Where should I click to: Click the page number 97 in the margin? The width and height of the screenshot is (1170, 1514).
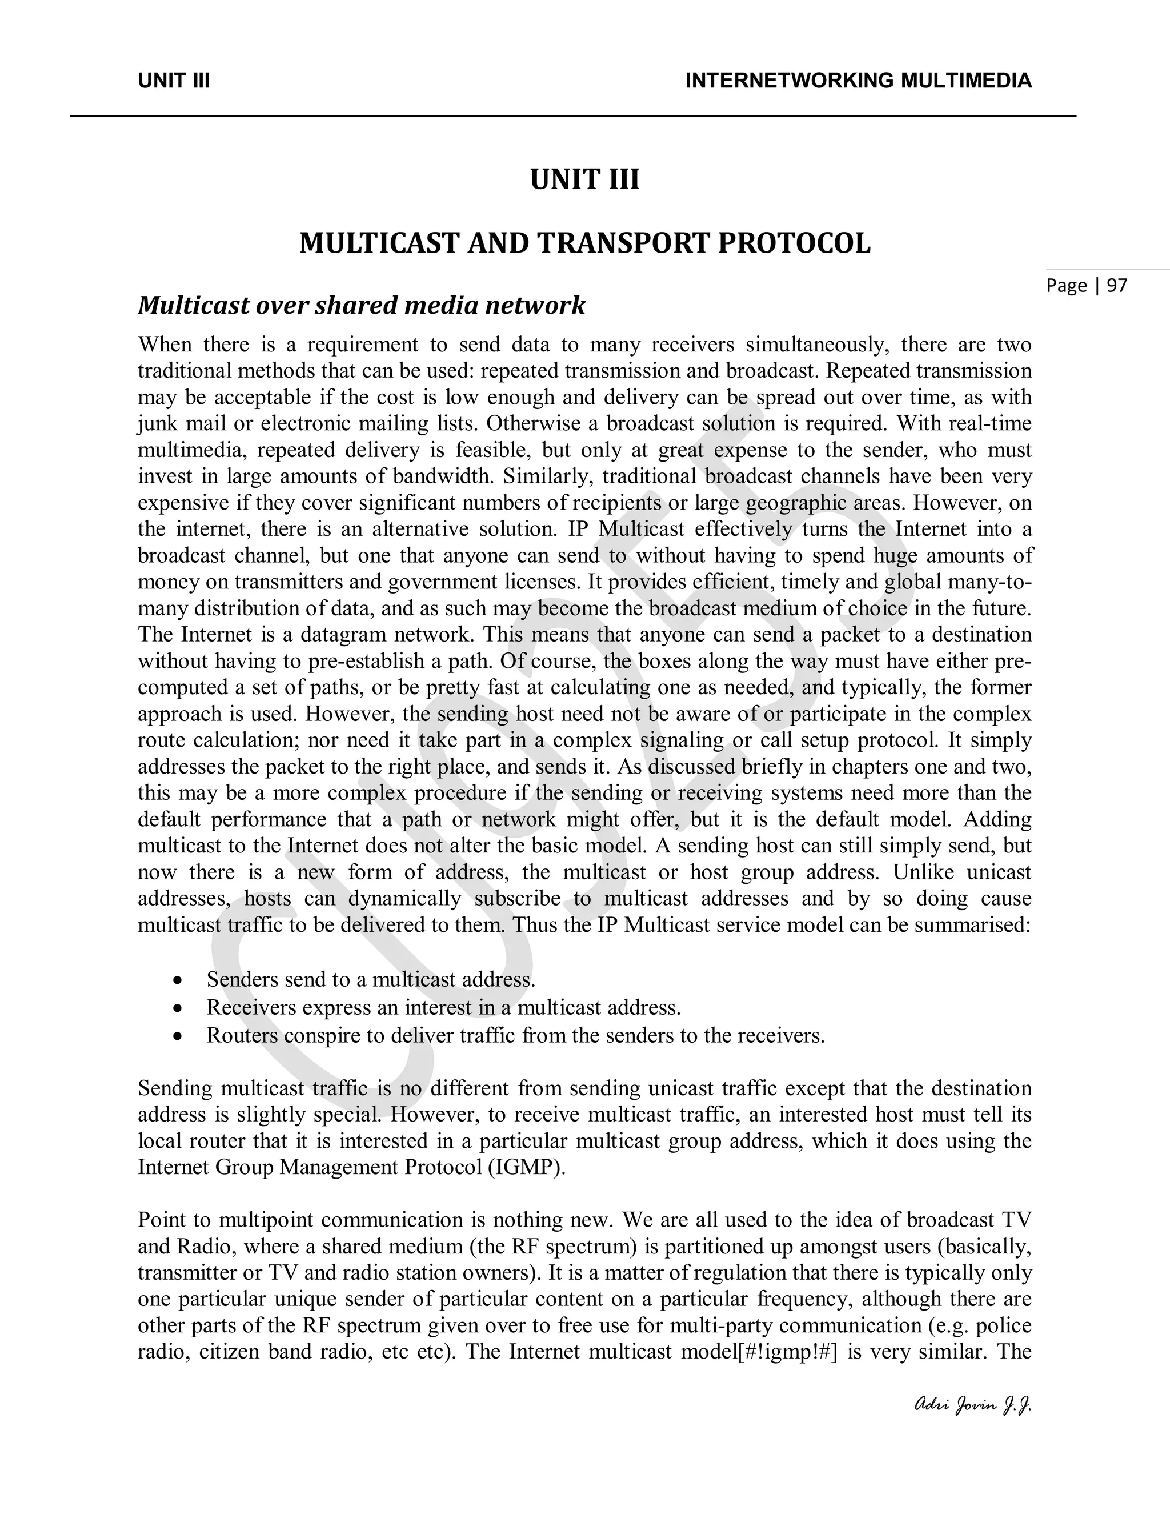tap(1117, 285)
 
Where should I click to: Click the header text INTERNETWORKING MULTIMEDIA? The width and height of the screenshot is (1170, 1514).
tap(858, 81)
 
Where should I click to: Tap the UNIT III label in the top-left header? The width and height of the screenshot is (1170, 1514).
tap(174, 81)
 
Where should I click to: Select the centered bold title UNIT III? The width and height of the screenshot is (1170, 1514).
tap(584, 179)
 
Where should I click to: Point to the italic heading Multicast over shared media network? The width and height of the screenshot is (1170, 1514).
tap(361, 305)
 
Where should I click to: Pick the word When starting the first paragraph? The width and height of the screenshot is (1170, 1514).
tap(165, 345)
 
